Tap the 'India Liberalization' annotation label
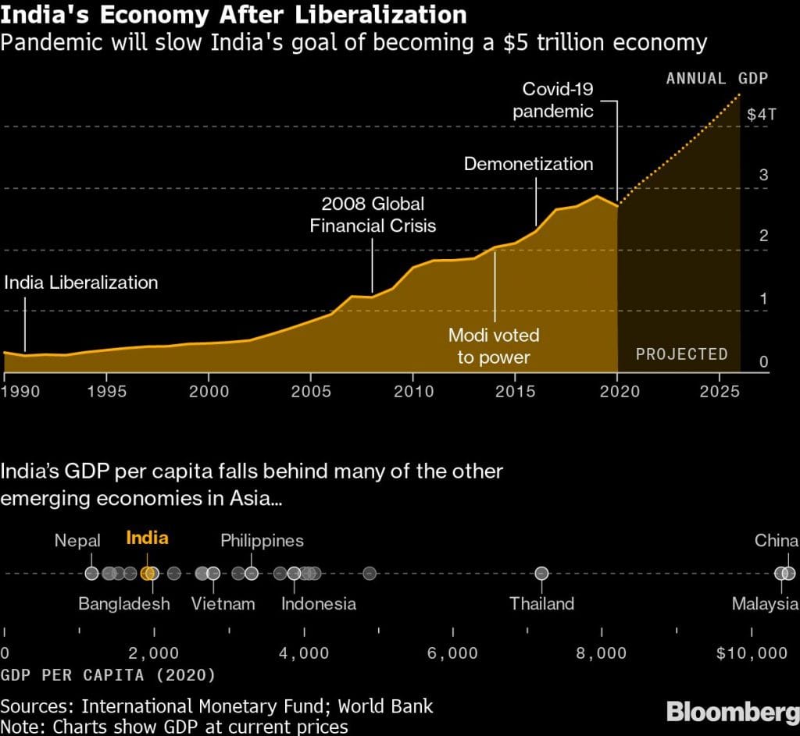tap(80, 283)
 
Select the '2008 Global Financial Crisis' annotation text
tap(373, 215)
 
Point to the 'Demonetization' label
tap(528, 164)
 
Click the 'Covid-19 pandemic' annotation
tap(553, 100)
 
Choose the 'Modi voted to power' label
tap(493, 346)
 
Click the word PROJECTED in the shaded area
tap(681, 354)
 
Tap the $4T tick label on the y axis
tap(762, 115)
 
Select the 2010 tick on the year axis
tap(412, 390)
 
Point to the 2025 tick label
tap(720, 390)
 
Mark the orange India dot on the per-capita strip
tap(148, 574)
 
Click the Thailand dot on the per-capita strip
tap(541, 574)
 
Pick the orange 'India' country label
tap(147, 539)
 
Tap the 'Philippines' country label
tap(262, 540)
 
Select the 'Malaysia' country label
tap(765, 603)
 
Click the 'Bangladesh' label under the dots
tap(124, 603)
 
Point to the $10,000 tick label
tap(752, 653)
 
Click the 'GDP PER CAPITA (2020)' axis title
tap(108, 674)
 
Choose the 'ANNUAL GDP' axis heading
tap(716, 78)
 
